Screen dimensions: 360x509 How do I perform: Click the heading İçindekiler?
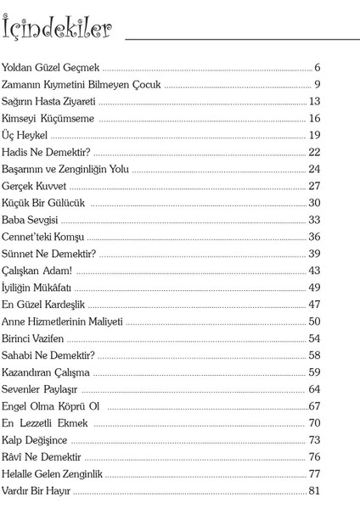pyautogui.click(x=57, y=31)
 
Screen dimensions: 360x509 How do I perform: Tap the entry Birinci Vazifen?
pyautogui.click(x=39, y=338)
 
